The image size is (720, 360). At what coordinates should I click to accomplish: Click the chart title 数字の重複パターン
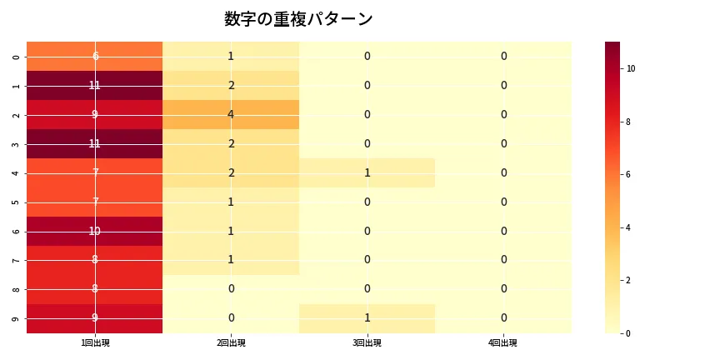pos(298,19)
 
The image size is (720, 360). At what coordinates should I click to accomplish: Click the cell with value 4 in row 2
pos(231,114)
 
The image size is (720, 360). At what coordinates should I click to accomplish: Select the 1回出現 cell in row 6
pos(95,231)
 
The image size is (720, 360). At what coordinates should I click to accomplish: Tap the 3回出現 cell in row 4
pos(367,172)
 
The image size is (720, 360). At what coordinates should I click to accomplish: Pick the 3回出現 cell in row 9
pos(367,317)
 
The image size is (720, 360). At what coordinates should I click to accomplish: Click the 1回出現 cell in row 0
pos(95,56)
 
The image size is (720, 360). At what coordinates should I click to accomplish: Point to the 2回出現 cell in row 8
pos(231,289)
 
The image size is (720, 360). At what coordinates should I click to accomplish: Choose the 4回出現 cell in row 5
pos(503,202)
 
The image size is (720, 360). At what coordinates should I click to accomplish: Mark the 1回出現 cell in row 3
pos(95,143)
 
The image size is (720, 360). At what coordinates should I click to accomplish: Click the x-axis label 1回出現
pos(95,343)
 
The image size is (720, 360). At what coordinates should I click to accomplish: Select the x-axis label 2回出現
pos(231,343)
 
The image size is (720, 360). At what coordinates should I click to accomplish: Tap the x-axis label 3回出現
pos(367,343)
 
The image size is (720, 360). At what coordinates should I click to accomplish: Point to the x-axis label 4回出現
pos(503,343)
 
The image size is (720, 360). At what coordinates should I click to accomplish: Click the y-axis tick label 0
pos(17,57)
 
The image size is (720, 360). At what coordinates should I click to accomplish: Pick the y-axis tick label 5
pos(17,202)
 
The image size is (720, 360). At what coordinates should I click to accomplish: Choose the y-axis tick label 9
pos(17,318)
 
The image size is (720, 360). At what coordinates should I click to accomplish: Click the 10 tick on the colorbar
pos(631,68)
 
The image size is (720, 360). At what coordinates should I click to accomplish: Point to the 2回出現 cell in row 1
pos(231,85)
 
